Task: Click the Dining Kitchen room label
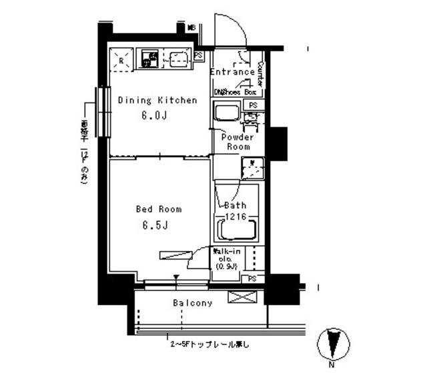coord(157,101)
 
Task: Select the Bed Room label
coord(158,208)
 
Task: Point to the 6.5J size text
coord(153,224)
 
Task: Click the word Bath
coord(235,205)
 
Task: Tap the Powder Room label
coord(238,141)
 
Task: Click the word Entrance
coord(232,72)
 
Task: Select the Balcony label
coord(193,303)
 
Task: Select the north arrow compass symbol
coord(332,345)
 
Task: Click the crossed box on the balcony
coord(239,297)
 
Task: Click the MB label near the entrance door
coord(191,28)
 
